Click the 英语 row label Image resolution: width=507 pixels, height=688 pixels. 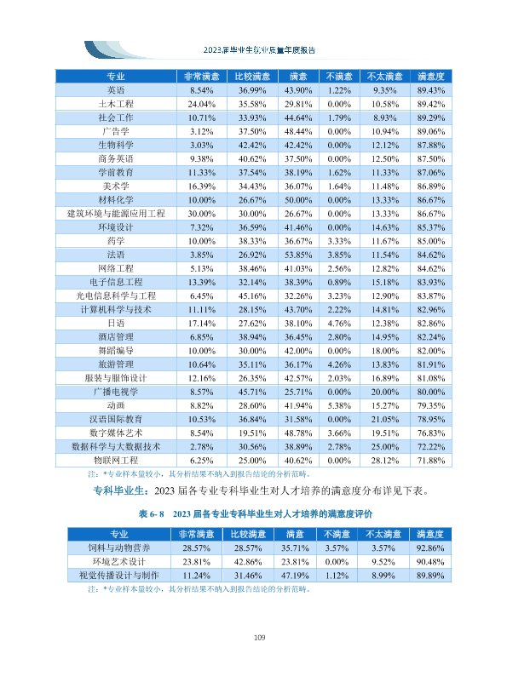pyautogui.click(x=116, y=90)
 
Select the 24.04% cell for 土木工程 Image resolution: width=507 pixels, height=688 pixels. pyautogui.click(x=201, y=105)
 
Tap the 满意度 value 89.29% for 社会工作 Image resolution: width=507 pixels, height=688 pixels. pyautogui.click(x=430, y=118)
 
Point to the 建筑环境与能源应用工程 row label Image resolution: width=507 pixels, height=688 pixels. pyautogui.click(x=116, y=214)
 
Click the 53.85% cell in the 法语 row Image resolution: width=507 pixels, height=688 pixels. pyautogui.click(x=298, y=255)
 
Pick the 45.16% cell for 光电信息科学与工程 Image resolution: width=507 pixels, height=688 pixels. pyautogui.click(x=252, y=296)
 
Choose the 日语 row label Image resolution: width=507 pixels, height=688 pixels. pyautogui.click(x=116, y=324)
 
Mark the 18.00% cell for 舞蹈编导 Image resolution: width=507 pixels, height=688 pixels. pyautogui.click(x=385, y=351)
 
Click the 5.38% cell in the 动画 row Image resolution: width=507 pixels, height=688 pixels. pyautogui.click(x=339, y=406)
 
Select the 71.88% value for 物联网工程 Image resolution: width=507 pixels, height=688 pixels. pyautogui.click(x=430, y=461)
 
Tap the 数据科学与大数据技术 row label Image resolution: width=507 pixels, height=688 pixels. pyautogui.click(x=116, y=447)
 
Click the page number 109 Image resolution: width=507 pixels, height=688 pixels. pyautogui.click(x=259, y=637)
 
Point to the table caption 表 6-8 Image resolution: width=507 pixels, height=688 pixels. pyautogui.click(x=151, y=513)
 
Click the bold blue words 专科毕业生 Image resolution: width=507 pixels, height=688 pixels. pyautogui.click(x=118, y=490)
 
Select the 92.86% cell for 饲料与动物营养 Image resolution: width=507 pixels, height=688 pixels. pyautogui.click(x=429, y=548)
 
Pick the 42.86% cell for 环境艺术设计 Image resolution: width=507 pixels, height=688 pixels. pyautogui.click(x=248, y=562)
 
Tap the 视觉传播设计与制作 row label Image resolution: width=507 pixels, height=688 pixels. pyautogui.click(x=119, y=576)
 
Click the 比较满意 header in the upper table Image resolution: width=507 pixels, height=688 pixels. pyautogui.click(x=252, y=77)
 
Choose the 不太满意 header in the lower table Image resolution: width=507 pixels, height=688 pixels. pyautogui.click(x=383, y=534)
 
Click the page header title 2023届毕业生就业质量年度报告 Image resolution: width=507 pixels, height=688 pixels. pyautogui.click(x=259, y=50)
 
